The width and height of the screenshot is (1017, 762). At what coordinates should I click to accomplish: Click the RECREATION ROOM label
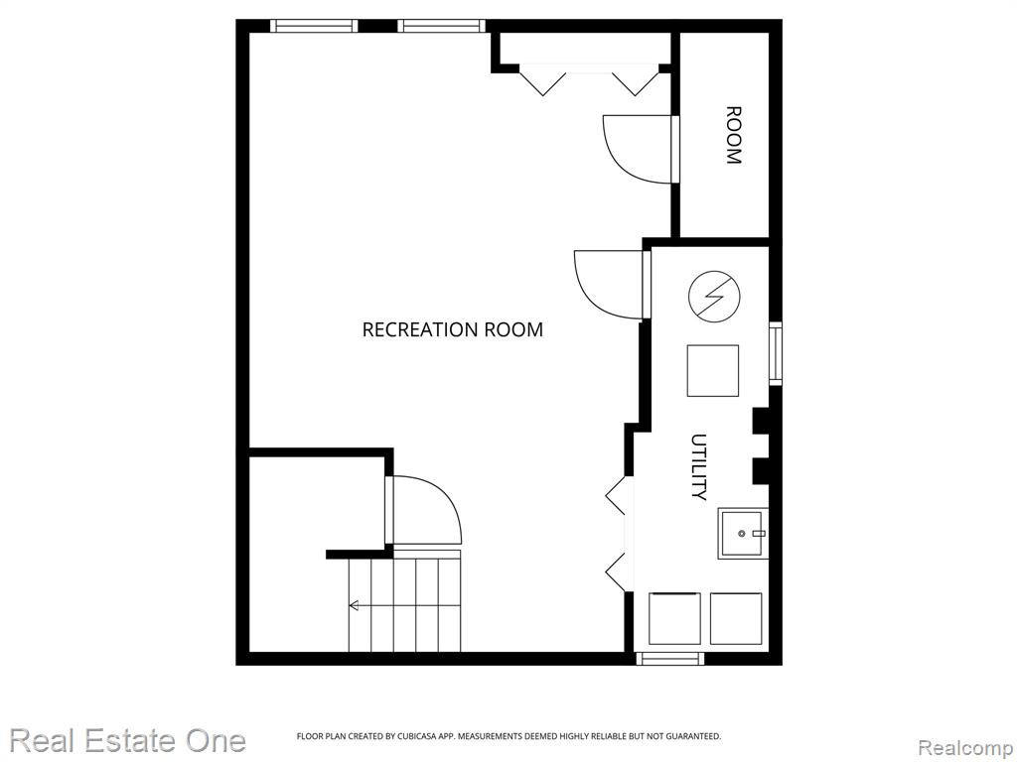[x=452, y=329]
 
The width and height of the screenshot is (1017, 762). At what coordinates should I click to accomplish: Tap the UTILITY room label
[x=698, y=466]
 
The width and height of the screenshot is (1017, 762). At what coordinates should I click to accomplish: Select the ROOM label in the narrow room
[x=733, y=135]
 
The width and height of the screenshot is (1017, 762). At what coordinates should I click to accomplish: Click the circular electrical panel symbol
[x=714, y=297]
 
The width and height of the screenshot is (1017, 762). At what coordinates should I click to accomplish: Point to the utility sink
[x=742, y=533]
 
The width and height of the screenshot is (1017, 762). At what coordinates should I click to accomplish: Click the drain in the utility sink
[x=742, y=533]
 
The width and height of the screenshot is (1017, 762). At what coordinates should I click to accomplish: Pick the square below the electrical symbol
[x=713, y=371]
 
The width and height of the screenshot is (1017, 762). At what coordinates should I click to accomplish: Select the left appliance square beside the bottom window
[x=674, y=618]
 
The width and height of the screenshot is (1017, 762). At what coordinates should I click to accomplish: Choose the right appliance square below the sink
[x=736, y=618]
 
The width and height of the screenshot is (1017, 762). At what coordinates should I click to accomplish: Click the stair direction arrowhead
[x=354, y=606]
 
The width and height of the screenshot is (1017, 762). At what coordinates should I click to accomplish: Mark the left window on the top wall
[x=314, y=26]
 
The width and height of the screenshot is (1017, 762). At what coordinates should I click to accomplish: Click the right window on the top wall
[x=441, y=26]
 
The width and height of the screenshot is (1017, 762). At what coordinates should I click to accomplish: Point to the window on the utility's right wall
[x=775, y=353]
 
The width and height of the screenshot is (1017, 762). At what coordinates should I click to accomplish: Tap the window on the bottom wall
[x=670, y=659]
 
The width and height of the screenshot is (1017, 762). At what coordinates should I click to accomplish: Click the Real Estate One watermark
[x=128, y=740]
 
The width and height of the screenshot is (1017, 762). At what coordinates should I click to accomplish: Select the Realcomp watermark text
[x=966, y=747]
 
